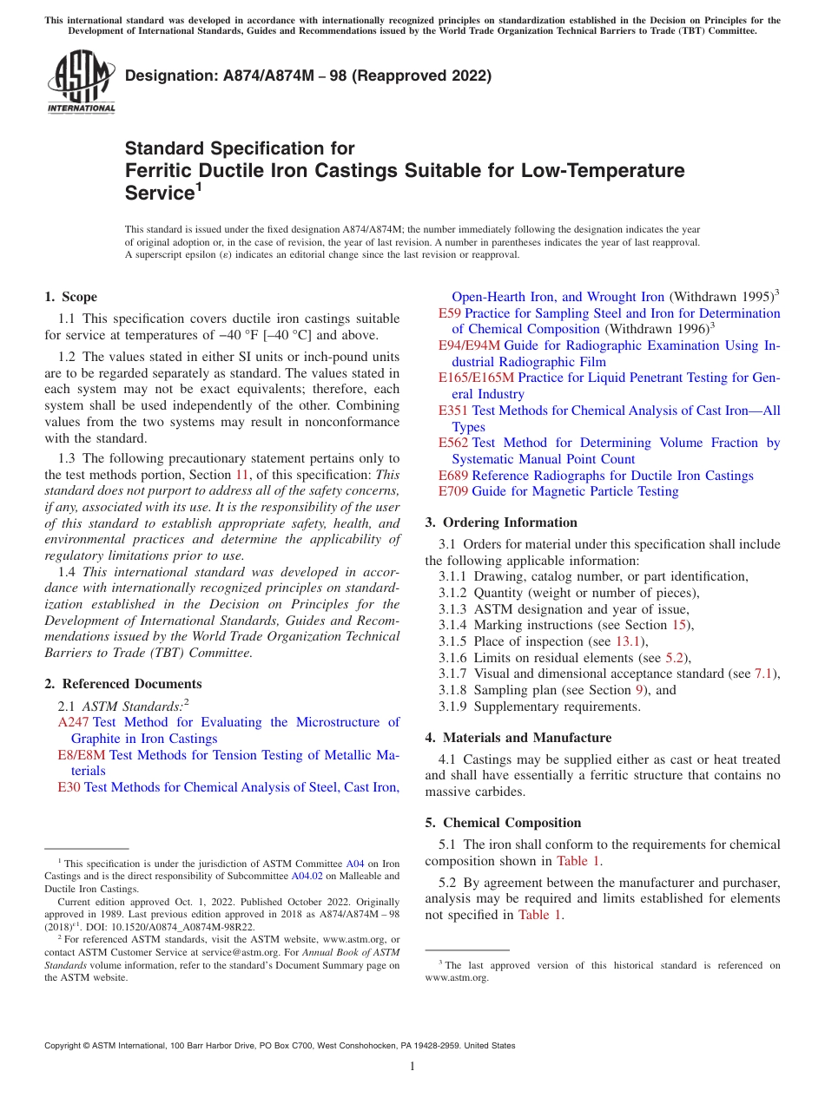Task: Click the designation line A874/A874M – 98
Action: [308, 76]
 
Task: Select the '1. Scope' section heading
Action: [71, 297]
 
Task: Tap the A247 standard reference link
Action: [74, 722]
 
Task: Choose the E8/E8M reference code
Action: [82, 755]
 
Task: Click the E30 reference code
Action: [69, 787]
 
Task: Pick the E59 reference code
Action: [450, 313]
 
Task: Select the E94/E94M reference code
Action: [469, 345]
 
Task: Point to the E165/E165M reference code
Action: [476, 378]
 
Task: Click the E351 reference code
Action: [453, 411]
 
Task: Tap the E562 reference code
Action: [453, 443]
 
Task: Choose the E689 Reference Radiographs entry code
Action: [453, 476]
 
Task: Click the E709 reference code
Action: [453, 491]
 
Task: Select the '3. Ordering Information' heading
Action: [501, 522]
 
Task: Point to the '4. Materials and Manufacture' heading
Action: [518, 738]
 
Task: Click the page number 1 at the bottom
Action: [412, 1067]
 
